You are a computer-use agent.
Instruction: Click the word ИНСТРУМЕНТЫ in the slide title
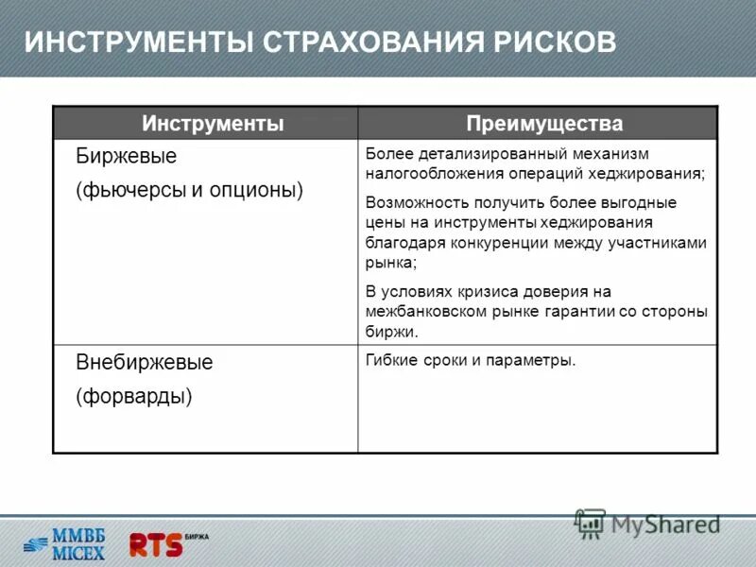[x=137, y=43]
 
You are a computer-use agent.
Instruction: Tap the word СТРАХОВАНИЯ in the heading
[x=374, y=43]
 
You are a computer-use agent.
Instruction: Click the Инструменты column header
[x=213, y=124]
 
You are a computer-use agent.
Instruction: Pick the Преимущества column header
[x=544, y=124]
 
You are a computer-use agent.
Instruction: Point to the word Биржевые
[x=126, y=155]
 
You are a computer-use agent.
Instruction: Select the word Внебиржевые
[x=144, y=363]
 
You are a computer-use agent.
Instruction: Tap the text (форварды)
[x=133, y=396]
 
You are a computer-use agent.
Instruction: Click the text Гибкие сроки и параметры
[x=470, y=360]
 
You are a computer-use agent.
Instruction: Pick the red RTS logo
[x=156, y=543]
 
